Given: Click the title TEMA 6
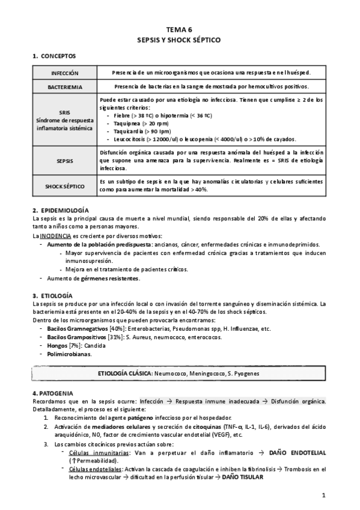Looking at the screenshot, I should coord(180,28).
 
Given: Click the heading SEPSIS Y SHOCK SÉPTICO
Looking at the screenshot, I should coord(180,38).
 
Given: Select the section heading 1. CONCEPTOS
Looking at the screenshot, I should coord(54,57).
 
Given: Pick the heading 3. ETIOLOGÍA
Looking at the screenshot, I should coord(52,296).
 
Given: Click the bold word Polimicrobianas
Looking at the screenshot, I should coord(69,354).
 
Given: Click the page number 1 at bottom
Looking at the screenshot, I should coord(323,496).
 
